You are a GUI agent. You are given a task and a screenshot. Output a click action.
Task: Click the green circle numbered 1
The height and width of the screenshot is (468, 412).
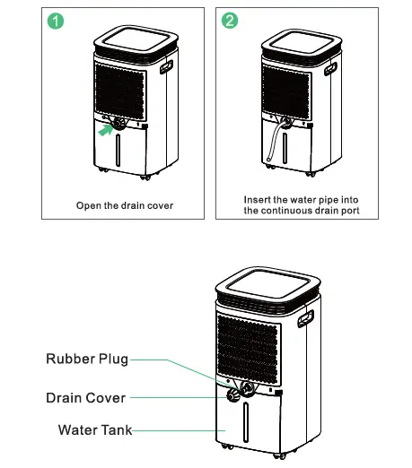pyautogui.click(x=57, y=21)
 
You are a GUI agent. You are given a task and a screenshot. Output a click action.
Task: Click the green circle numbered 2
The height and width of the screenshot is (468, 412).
pyautogui.click(x=231, y=21)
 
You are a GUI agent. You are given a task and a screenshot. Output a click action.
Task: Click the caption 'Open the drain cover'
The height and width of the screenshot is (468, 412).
pyautogui.click(x=125, y=205)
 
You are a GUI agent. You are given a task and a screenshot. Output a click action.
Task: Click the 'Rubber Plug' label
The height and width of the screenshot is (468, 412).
pyautogui.click(x=87, y=360)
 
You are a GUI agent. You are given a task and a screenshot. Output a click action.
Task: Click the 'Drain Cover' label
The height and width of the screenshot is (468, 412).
pyautogui.click(x=86, y=397)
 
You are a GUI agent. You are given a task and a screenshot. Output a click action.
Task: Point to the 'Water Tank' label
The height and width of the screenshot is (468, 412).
pyautogui.click(x=95, y=430)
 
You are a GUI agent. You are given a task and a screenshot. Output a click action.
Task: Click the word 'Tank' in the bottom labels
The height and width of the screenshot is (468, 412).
pyautogui.click(x=115, y=430)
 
